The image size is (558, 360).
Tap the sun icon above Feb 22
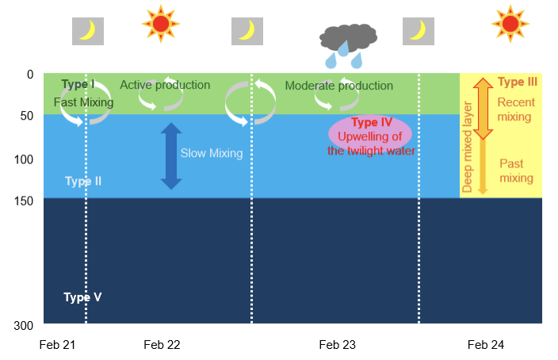click(161, 23)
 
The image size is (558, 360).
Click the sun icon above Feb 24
click(510, 23)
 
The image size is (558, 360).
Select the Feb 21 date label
click(58, 345)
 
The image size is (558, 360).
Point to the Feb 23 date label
click(338, 345)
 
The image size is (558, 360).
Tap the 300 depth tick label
click(23, 325)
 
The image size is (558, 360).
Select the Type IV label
click(371, 122)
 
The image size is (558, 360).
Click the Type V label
click(82, 297)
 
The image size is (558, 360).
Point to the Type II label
click(82, 182)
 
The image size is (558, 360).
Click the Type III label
click(518, 82)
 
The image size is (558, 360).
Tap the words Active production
click(165, 85)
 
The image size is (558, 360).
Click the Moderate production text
click(338, 86)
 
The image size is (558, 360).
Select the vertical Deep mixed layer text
click(468, 147)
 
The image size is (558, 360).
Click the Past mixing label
click(516, 170)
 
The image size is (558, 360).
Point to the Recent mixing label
click(515, 109)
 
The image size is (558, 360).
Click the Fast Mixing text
click(83, 102)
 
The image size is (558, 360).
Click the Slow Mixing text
click(211, 153)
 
